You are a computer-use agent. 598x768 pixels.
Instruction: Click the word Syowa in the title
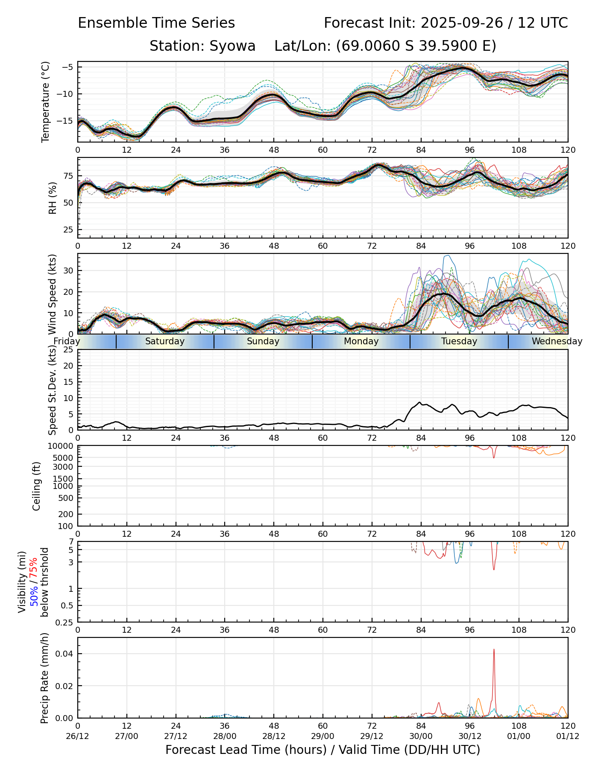click(x=232, y=46)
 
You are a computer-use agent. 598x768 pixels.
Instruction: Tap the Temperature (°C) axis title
click(x=46, y=102)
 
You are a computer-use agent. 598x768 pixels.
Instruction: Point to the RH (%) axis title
click(x=53, y=198)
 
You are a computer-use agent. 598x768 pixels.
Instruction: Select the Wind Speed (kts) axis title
click(x=53, y=294)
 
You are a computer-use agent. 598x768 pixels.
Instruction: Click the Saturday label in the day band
click(x=165, y=341)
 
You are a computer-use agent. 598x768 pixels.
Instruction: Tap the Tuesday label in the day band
click(x=459, y=341)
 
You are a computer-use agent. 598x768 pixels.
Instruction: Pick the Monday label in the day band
click(x=361, y=341)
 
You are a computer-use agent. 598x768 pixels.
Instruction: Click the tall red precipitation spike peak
click(x=494, y=649)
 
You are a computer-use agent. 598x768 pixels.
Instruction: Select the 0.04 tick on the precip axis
click(x=65, y=654)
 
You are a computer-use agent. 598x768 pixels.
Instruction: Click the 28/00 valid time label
click(x=225, y=736)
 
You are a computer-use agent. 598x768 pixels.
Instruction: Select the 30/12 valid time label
click(x=470, y=736)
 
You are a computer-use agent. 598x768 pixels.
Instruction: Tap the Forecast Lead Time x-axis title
click(x=322, y=750)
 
